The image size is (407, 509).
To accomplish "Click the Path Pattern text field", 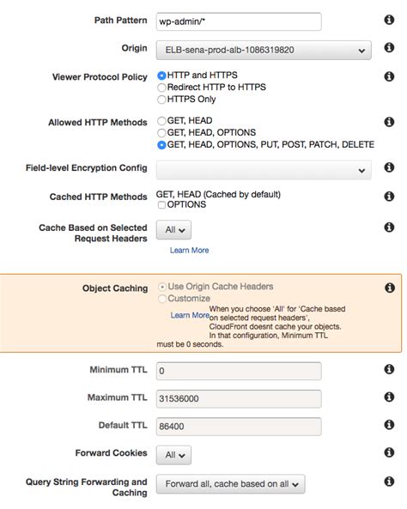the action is coord(238,22).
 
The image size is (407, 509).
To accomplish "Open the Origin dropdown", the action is coord(264,50).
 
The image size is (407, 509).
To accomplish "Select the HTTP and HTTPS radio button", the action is coord(161,76).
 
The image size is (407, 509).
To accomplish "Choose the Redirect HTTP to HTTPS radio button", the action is coord(161,88).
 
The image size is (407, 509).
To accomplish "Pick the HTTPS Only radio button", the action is coord(161,100).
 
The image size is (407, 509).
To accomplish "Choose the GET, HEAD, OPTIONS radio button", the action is coord(161,134).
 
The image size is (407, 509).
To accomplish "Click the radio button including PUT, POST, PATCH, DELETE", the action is coord(161,146).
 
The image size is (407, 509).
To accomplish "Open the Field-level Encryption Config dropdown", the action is coord(264,171).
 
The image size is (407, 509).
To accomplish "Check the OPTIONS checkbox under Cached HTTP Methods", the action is coord(161,205).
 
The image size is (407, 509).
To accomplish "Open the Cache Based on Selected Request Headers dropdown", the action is coord(173,230).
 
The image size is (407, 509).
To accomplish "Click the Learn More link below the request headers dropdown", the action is coord(189,251).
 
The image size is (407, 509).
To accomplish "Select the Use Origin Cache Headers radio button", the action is coord(161,287).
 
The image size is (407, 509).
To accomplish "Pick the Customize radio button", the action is coord(161,299).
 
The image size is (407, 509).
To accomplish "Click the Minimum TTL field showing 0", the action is coord(238,371).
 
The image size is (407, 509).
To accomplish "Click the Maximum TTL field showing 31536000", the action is coord(238,398).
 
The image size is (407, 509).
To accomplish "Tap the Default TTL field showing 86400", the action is coord(238,426).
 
